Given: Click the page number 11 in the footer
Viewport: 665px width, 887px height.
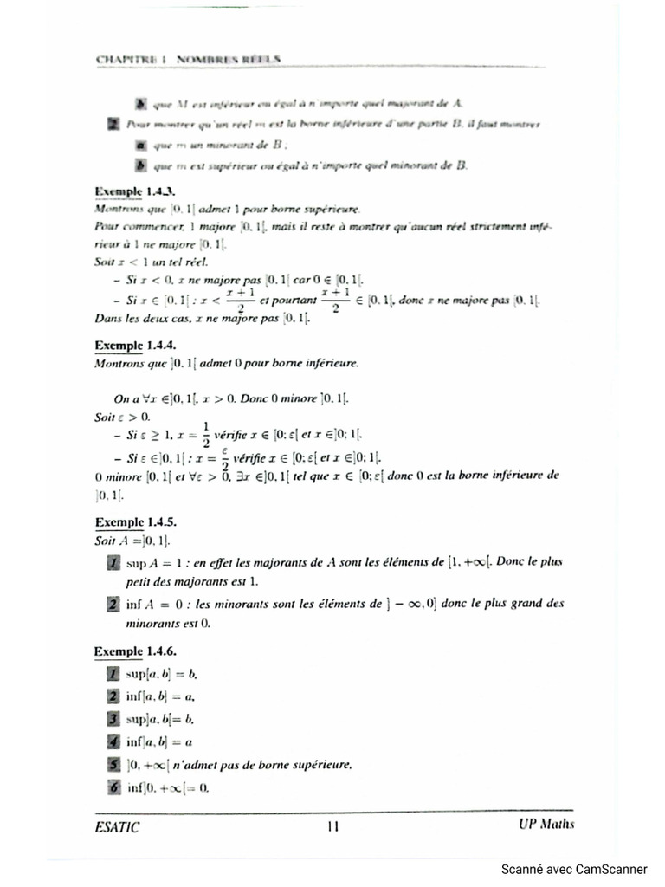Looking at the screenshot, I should tap(332, 826).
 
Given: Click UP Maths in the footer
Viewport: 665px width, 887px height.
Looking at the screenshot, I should tap(540, 825).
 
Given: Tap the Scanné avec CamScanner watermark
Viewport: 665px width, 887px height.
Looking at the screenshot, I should tap(574, 869).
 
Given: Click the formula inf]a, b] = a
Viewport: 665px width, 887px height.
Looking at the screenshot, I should tap(159, 741).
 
